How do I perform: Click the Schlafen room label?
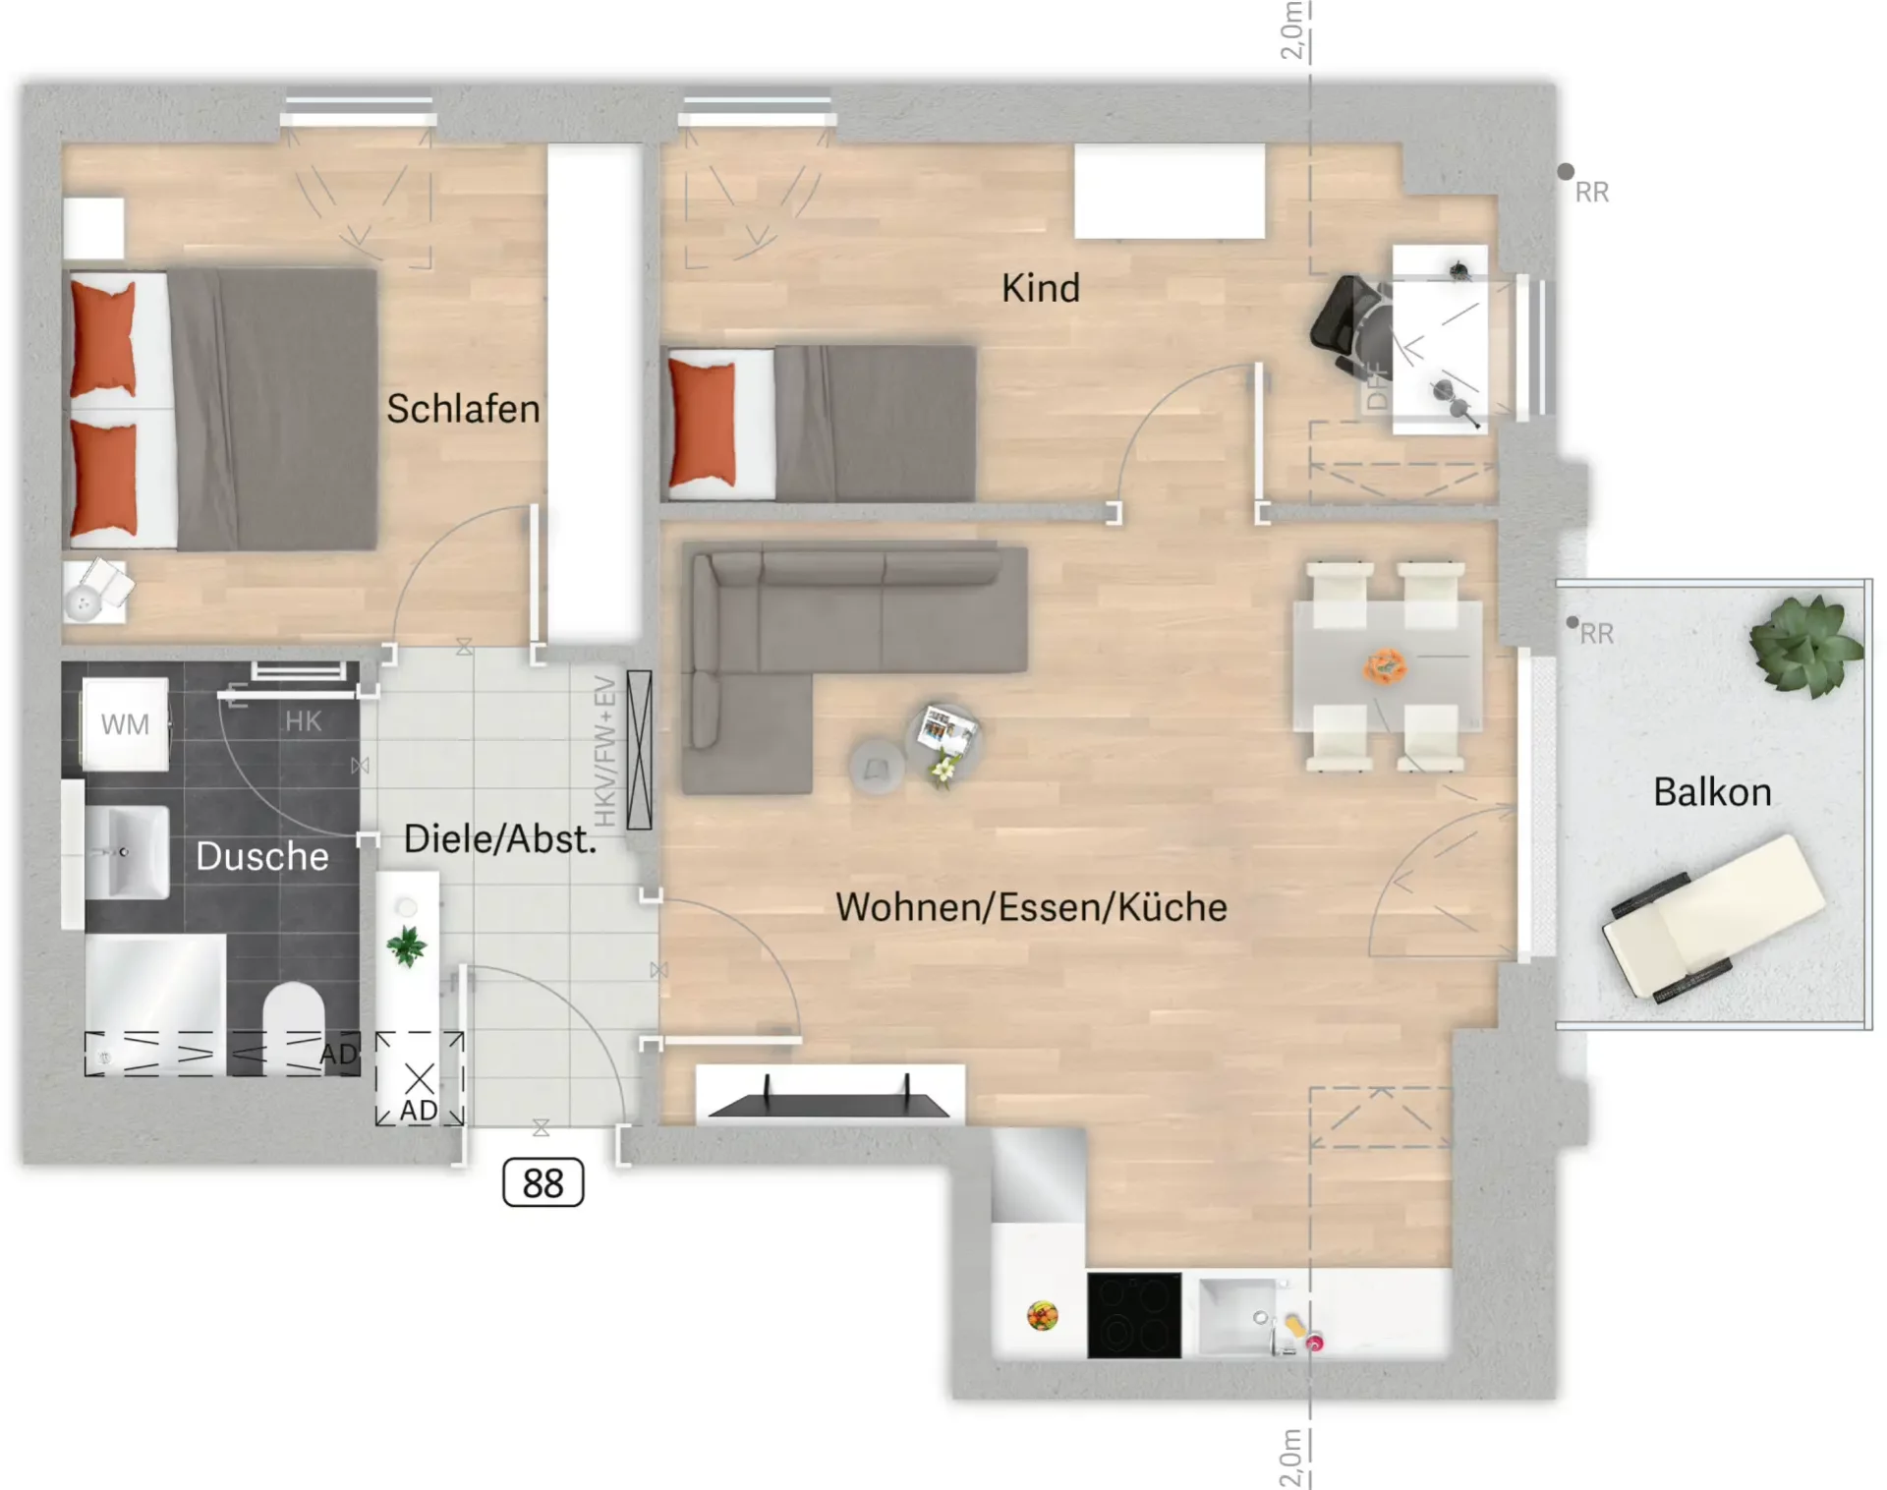tap(463, 409)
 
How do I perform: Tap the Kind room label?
tap(1041, 288)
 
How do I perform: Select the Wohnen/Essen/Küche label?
tap(1031, 907)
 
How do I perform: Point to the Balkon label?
tap(1712, 792)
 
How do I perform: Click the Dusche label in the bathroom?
tap(262, 856)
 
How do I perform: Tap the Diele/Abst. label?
tap(500, 839)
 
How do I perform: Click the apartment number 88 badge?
tap(543, 1182)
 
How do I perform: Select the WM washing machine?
tap(125, 724)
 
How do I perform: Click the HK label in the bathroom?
tap(303, 721)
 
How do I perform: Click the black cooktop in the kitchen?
tap(1134, 1315)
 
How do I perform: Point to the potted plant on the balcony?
tap(1805, 646)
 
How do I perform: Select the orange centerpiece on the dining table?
tap(1385, 665)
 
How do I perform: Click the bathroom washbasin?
tap(127, 852)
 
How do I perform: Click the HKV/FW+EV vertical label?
tap(605, 752)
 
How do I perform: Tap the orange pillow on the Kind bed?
tap(702, 423)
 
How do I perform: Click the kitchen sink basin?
tap(1236, 1316)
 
